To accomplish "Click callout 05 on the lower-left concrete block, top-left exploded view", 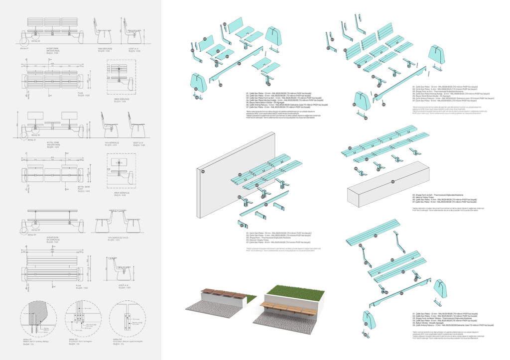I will click(x=196, y=90).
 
